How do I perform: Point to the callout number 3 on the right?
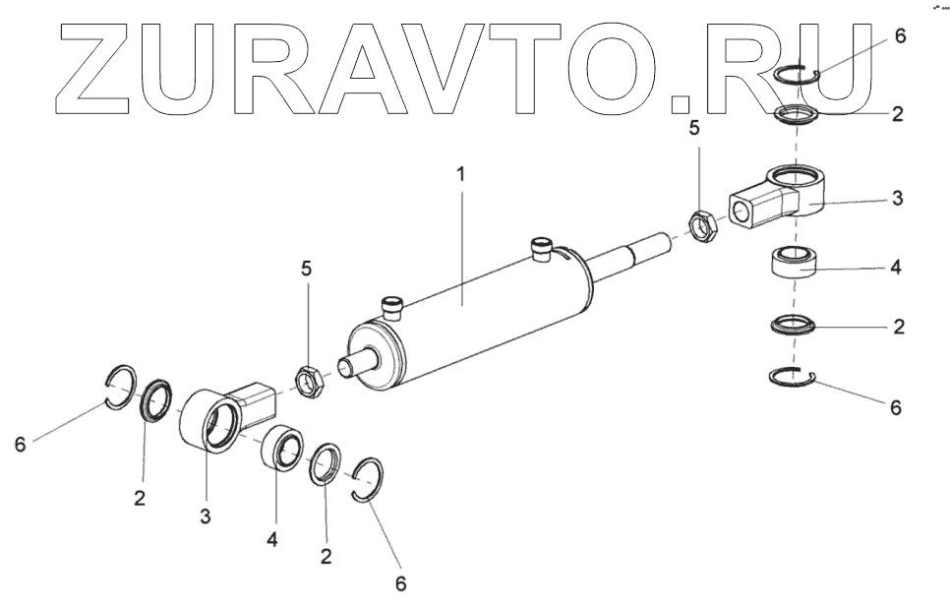coord(896,198)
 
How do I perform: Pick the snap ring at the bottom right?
coord(795,375)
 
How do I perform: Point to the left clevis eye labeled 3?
coord(209,419)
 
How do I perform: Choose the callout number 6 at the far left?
coord(20,445)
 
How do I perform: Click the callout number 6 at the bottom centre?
coord(400,583)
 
